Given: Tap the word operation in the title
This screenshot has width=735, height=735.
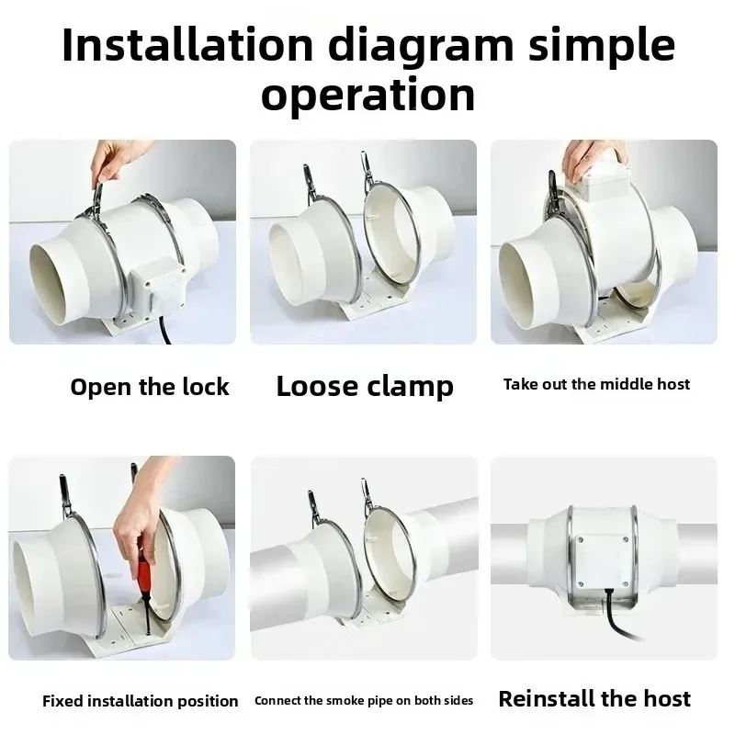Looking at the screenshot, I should pos(367,95).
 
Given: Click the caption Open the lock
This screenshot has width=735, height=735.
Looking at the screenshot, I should pos(150,387).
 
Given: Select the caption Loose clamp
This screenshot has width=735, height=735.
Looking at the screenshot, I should pos(365,387).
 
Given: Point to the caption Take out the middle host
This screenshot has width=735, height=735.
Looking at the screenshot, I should pos(596,384).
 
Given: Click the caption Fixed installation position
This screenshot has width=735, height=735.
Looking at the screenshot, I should pos(141,701).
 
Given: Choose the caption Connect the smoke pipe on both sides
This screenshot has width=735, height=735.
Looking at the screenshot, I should pos(364,701).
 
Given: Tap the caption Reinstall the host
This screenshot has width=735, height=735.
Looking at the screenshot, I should pos(594,698).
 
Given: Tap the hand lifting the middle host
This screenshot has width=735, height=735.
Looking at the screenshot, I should pos(594,157).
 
